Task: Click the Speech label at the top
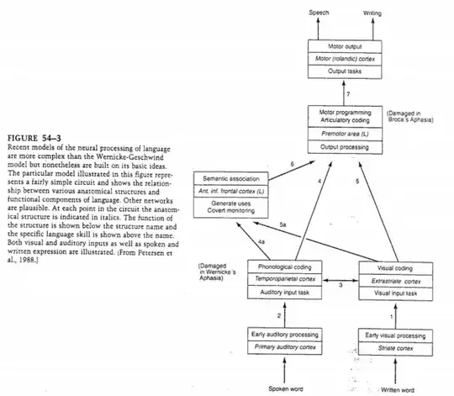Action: pyautogui.click(x=319, y=13)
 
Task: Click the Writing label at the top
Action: pyautogui.click(x=372, y=13)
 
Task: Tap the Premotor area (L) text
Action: pyautogui.click(x=345, y=133)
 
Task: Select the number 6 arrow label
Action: pyautogui.click(x=268, y=163)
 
